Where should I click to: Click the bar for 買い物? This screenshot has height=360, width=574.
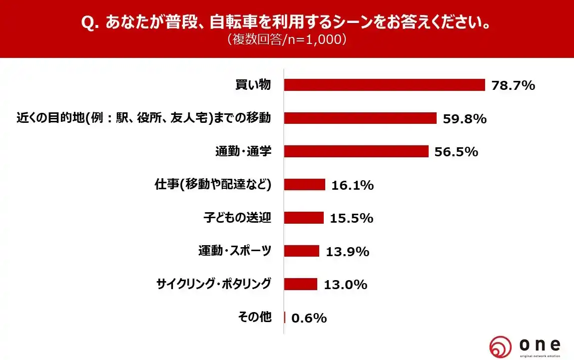(384, 85)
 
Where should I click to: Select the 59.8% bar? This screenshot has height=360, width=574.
(360, 118)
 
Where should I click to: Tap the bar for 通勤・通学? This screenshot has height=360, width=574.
(356, 151)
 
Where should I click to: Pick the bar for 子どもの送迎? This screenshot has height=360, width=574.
(304, 218)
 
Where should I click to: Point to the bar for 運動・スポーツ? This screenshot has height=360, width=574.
(302, 251)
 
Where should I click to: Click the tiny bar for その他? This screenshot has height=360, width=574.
(285, 317)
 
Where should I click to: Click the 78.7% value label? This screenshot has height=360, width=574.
(513, 85)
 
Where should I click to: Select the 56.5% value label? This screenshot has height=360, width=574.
(456, 152)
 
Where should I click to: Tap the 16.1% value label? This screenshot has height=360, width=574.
(352, 185)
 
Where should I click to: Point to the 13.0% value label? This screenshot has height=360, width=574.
(346, 285)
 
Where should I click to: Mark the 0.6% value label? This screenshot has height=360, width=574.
(308, 318)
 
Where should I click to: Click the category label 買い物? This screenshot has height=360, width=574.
(253, 85)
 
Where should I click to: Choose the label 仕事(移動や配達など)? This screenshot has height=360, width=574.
(213, 185)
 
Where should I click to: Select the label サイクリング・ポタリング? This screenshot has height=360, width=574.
(214, 284)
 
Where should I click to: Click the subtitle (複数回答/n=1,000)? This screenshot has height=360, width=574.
(286, 40)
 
